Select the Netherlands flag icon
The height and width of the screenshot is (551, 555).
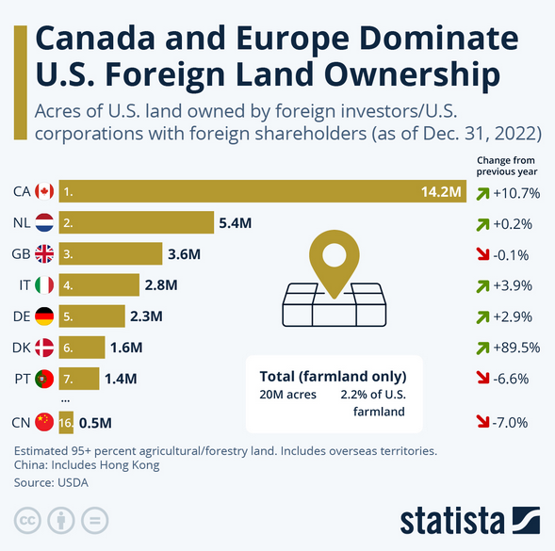point(44,223)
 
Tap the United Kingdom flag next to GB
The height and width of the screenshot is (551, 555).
point(44,254)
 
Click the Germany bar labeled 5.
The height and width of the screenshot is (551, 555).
point(91,316)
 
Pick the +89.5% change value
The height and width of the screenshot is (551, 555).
point(515,347)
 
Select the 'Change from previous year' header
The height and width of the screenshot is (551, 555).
point(507,167)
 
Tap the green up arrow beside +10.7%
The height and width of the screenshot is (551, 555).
point(482,193)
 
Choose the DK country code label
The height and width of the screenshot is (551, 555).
point(21,347)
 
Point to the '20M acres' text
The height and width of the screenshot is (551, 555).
point(288,394)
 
